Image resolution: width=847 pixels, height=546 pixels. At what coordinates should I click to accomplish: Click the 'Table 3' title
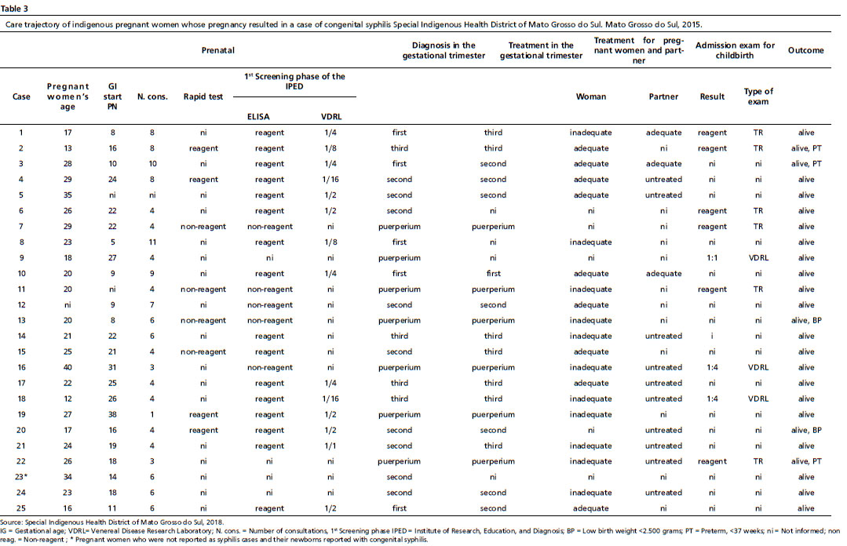(15, 9)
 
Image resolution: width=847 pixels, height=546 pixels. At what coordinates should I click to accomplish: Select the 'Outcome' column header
(805, 50)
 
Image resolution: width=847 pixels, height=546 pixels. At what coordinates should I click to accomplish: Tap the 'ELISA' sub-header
(258, 117)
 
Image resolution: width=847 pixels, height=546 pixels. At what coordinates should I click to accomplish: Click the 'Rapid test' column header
(203, 96)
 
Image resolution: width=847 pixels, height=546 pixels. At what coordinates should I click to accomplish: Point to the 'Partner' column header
(663, 96)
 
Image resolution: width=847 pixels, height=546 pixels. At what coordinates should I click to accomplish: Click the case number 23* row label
(21, 477)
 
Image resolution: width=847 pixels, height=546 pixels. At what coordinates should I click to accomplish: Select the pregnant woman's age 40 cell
(68, 367)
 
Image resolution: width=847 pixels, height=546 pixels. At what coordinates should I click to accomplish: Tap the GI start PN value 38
(112, 414)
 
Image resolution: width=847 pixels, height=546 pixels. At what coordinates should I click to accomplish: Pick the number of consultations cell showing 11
(152, 242)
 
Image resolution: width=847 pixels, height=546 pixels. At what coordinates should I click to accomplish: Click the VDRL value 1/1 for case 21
(330, 446)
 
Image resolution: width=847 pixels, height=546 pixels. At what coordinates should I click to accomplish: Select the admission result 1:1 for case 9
(712, 257)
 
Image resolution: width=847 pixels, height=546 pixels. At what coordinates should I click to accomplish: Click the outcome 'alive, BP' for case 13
(806, 320)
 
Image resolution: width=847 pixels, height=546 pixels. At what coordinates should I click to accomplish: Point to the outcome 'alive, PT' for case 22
(806, 461)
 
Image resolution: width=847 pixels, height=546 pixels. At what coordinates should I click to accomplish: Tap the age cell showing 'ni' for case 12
(68, 304)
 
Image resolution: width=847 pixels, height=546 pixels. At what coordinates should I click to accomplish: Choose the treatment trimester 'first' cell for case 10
(493, 273)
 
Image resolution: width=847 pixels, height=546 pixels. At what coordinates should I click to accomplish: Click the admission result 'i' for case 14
(712, 336)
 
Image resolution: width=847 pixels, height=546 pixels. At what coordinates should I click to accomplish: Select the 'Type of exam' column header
(758, 96)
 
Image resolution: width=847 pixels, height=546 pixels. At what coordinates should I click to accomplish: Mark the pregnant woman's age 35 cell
(68, 195)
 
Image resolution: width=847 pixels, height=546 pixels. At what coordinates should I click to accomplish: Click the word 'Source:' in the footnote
(11, 522)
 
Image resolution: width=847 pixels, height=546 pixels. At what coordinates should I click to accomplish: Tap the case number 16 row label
(21, 367)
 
